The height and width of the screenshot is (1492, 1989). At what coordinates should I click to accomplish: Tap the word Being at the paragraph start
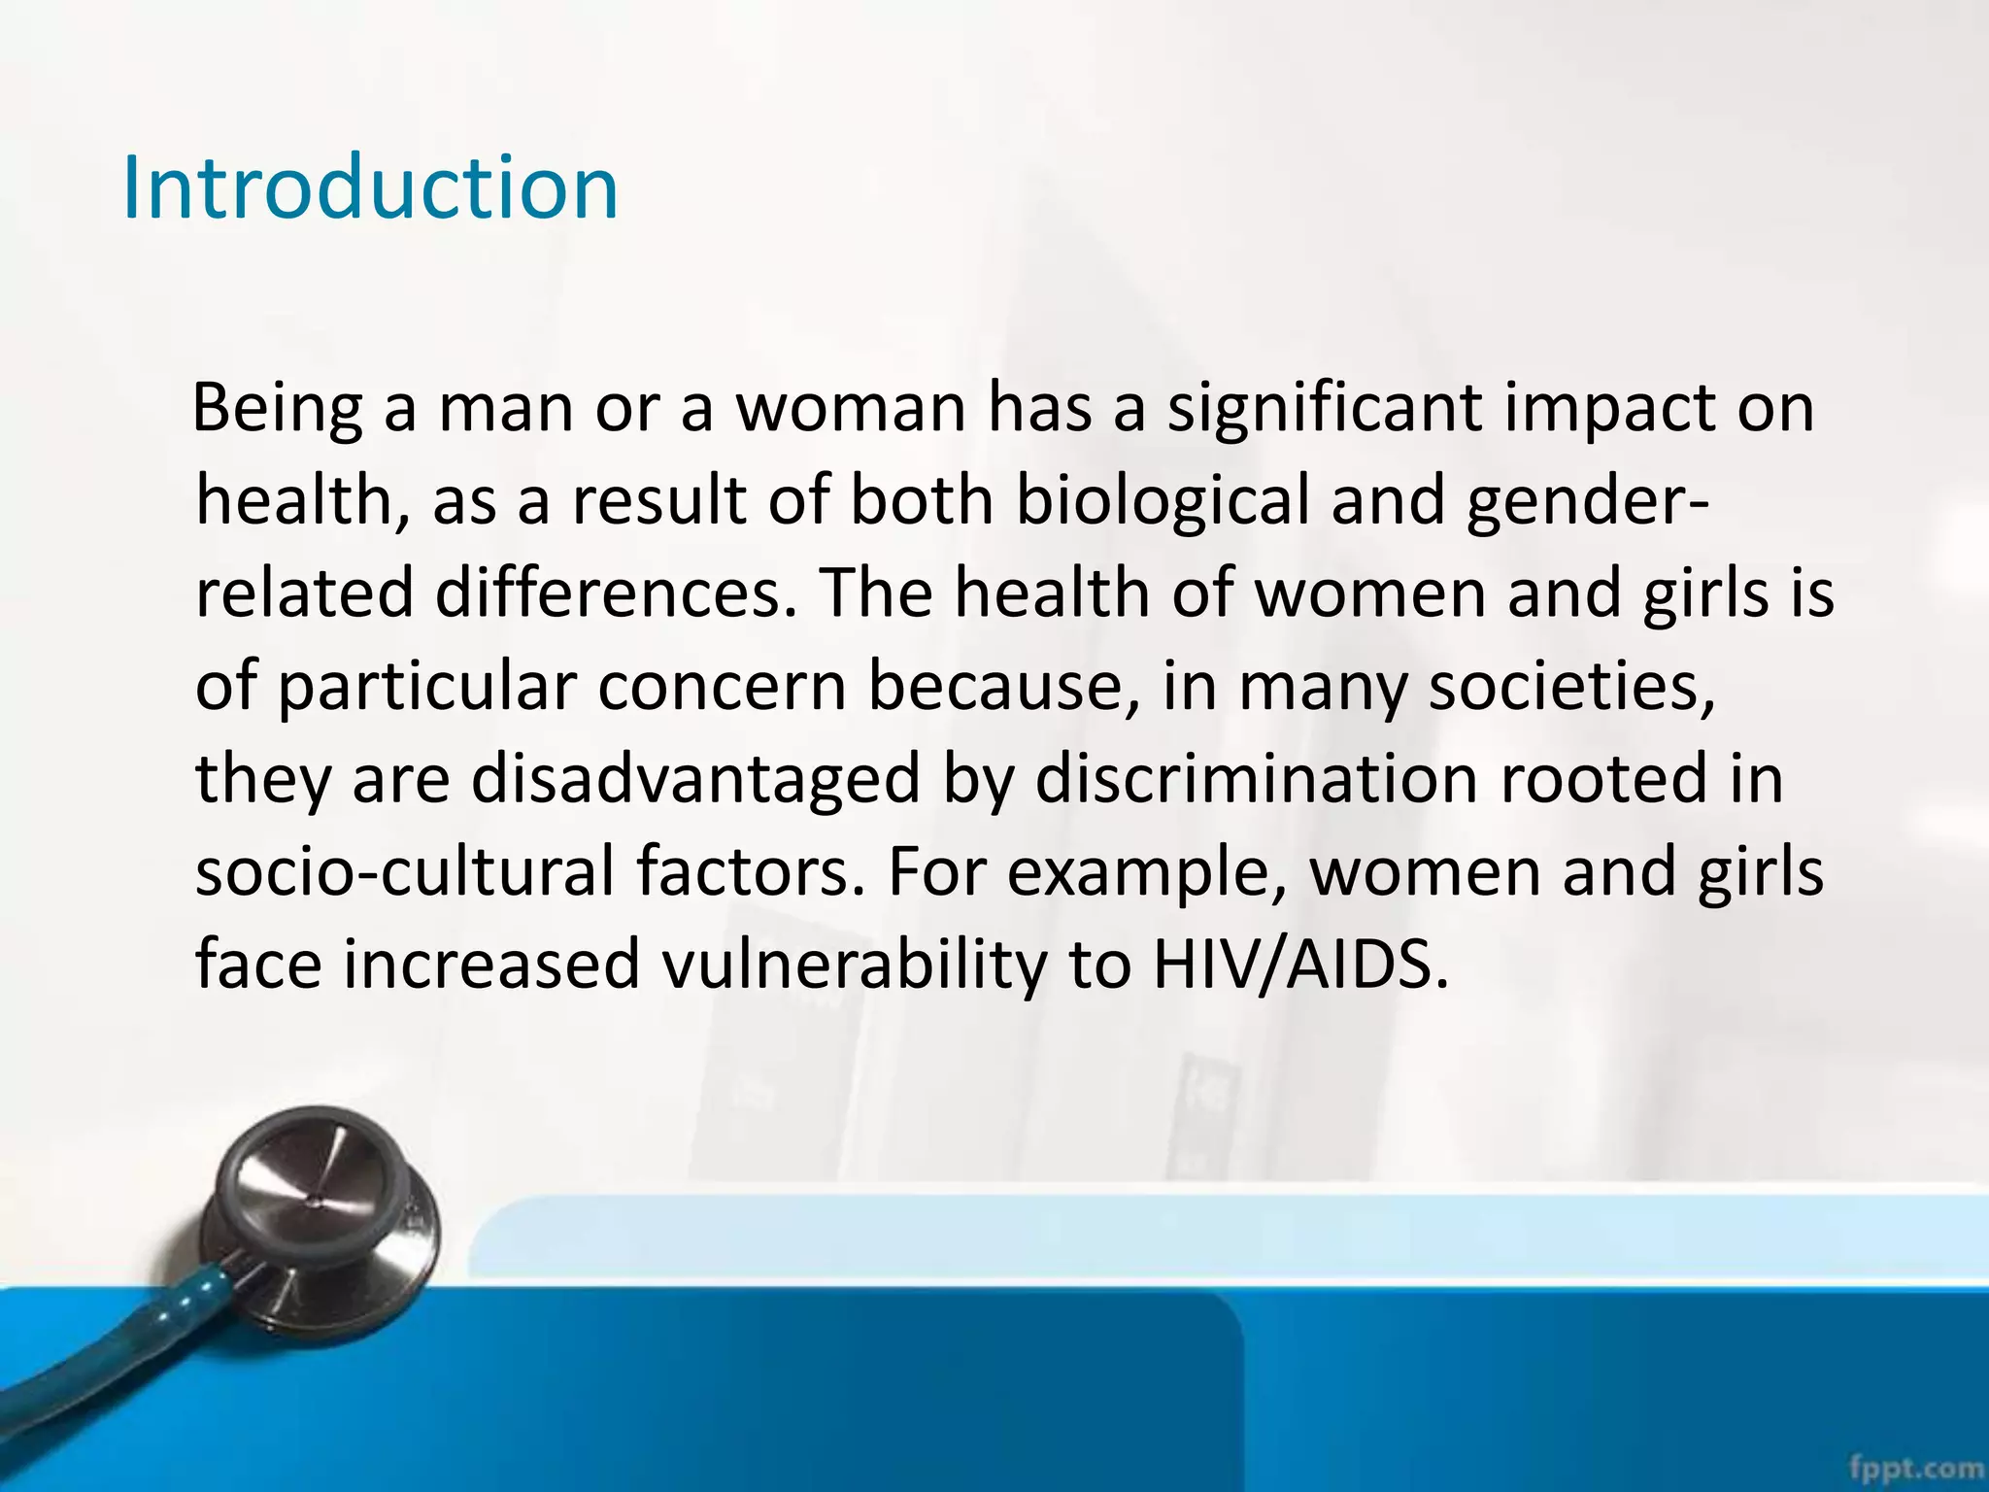(278, 408)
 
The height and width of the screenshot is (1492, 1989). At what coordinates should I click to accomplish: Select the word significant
(1324, 408)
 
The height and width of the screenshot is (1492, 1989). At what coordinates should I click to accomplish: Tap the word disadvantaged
(694, 779)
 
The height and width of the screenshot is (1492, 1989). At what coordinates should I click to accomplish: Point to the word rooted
(1603, 779)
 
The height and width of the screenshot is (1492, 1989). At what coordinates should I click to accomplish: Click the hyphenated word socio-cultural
(405, 871)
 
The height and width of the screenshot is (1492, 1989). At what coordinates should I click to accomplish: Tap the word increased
(490, 965)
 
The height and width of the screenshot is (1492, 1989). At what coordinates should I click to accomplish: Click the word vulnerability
(854, 965)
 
